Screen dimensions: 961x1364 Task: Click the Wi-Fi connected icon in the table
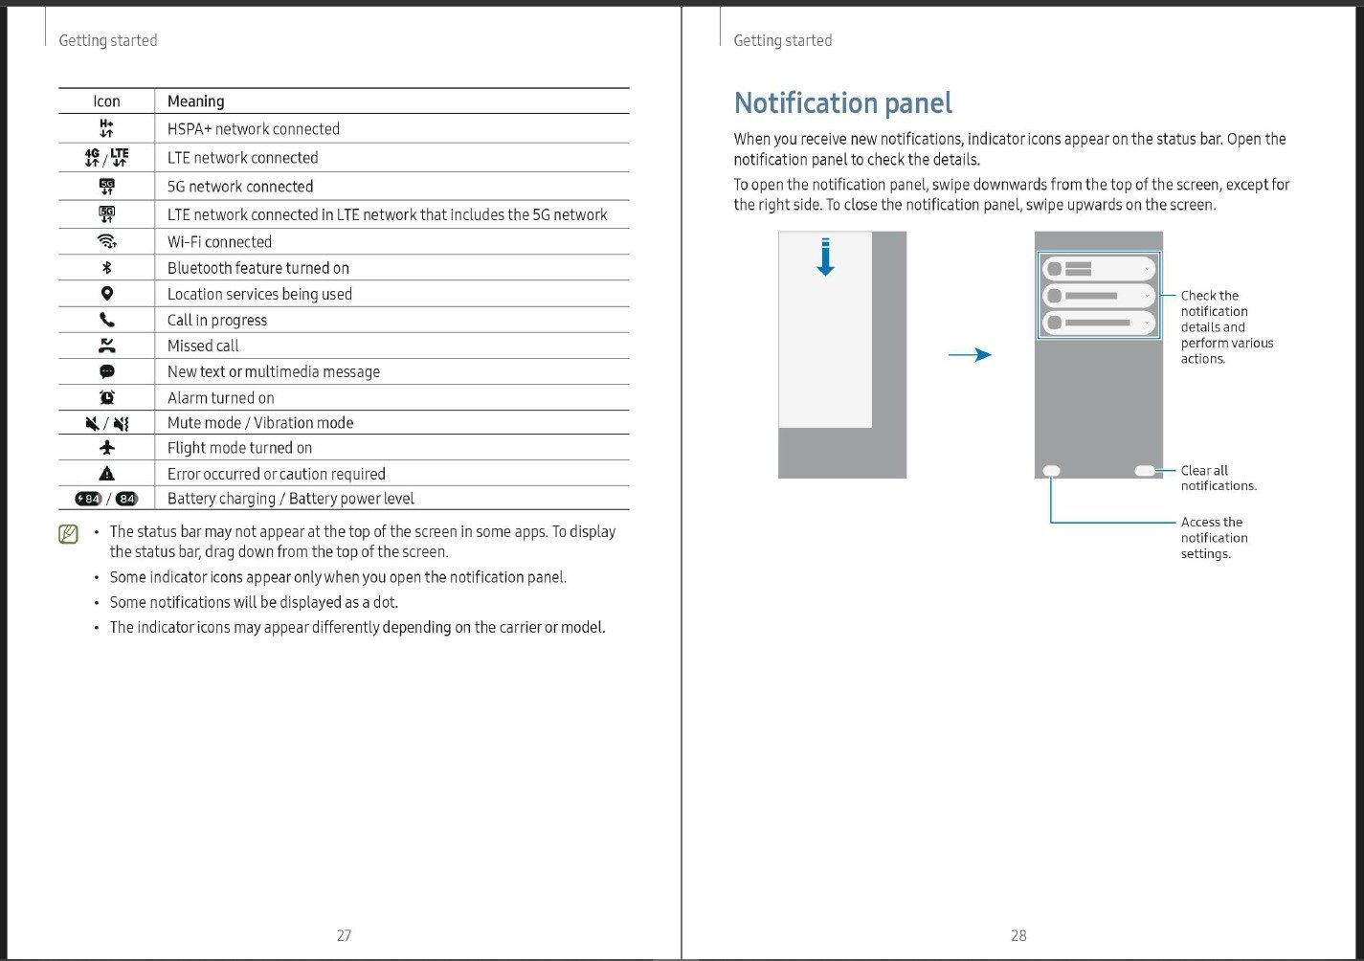click(107, 241)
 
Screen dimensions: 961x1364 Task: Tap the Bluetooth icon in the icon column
click(107, 268)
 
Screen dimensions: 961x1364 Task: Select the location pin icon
click(107, 294)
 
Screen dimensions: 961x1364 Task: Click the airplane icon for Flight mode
click(107, 447)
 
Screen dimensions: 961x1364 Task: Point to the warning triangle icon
click(107, 473)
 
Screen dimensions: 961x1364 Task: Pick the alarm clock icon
click(107, 397)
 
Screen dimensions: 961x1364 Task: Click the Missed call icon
click(107, 346)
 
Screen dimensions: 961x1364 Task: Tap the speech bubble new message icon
click(107, 371)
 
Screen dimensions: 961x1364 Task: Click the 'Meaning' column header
click(196, 101)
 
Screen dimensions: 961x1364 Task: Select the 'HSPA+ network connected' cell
click(254, 129)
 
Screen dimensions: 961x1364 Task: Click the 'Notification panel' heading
click(842, 103)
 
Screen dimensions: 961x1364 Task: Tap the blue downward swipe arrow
click(825, 257)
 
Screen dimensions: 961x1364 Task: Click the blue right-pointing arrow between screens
click(970, 355)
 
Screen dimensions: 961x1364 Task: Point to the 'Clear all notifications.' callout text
click(1218, 478)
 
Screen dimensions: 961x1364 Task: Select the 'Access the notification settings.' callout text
click(1214, 538)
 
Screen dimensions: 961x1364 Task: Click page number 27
click(344, 935)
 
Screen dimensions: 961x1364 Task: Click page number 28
click(1018, 935)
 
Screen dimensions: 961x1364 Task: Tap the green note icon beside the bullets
click(68, 534)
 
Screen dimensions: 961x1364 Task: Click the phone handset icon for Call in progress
click(107, 320)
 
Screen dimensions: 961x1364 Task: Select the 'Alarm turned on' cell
click(221, 398)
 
